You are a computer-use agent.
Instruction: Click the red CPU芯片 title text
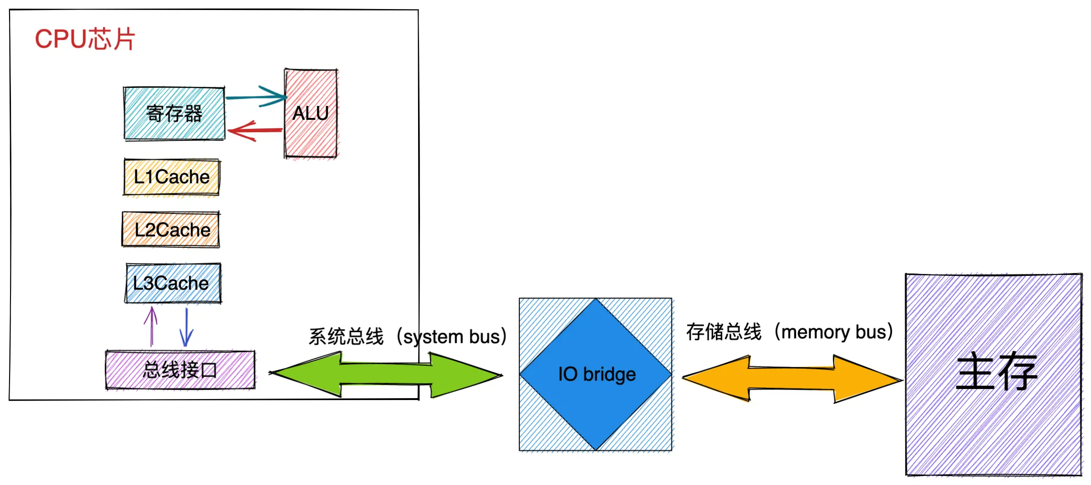pyautogui.click(x=85, y=39)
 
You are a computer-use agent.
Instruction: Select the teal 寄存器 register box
pyautogui.click(x=174, y=114)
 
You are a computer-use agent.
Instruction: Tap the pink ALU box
pyautogui.click(x=311, y=113)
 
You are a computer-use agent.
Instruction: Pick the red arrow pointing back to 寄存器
pyautogui.click(x=255, y=130)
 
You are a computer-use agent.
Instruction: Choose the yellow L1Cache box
pyautogui.click(x=171, y=177)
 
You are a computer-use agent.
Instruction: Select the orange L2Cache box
pyautogui.click(x=171, y=230)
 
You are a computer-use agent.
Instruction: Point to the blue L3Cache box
pyautogui.click(x=173, y=283)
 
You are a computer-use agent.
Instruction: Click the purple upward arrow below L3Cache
pyautogui.click(x=151, y=327)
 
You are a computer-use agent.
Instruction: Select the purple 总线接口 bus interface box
pyautogui.click(x=180, y=370)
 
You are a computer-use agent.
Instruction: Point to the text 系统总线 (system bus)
pyautogui.click(x=407, y=337)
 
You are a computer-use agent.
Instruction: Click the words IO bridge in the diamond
pyautogui.click(x=597, y=374)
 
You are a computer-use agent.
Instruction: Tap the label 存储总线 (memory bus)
pyautogui.click(x=789, y=332)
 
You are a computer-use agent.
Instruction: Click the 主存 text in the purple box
pyautogui.click(x=996, y=372)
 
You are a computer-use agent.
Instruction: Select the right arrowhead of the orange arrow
pyautogui.click(x=873, y=380)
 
